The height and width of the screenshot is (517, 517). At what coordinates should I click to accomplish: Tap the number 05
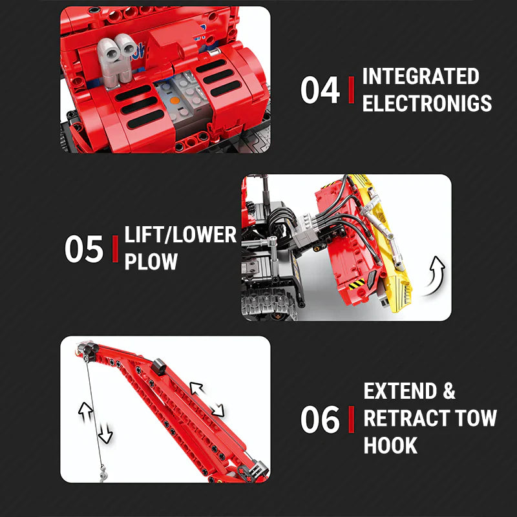pos(84,249)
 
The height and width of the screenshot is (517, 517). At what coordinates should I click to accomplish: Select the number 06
pos(320,419)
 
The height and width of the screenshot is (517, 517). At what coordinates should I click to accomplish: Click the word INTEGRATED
pos(421,76)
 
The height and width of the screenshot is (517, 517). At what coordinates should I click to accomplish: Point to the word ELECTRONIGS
pos(427,103)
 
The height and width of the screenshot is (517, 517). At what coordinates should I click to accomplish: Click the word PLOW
pos(151,262)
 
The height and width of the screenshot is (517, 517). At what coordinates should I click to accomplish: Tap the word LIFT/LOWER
pos(180,235)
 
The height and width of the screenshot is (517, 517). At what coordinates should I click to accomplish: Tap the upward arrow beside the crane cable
pos(84,408)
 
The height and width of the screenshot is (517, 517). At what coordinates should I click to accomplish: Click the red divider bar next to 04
pos(351,90)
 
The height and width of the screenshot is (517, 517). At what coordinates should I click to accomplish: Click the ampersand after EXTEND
pos(448,392)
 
